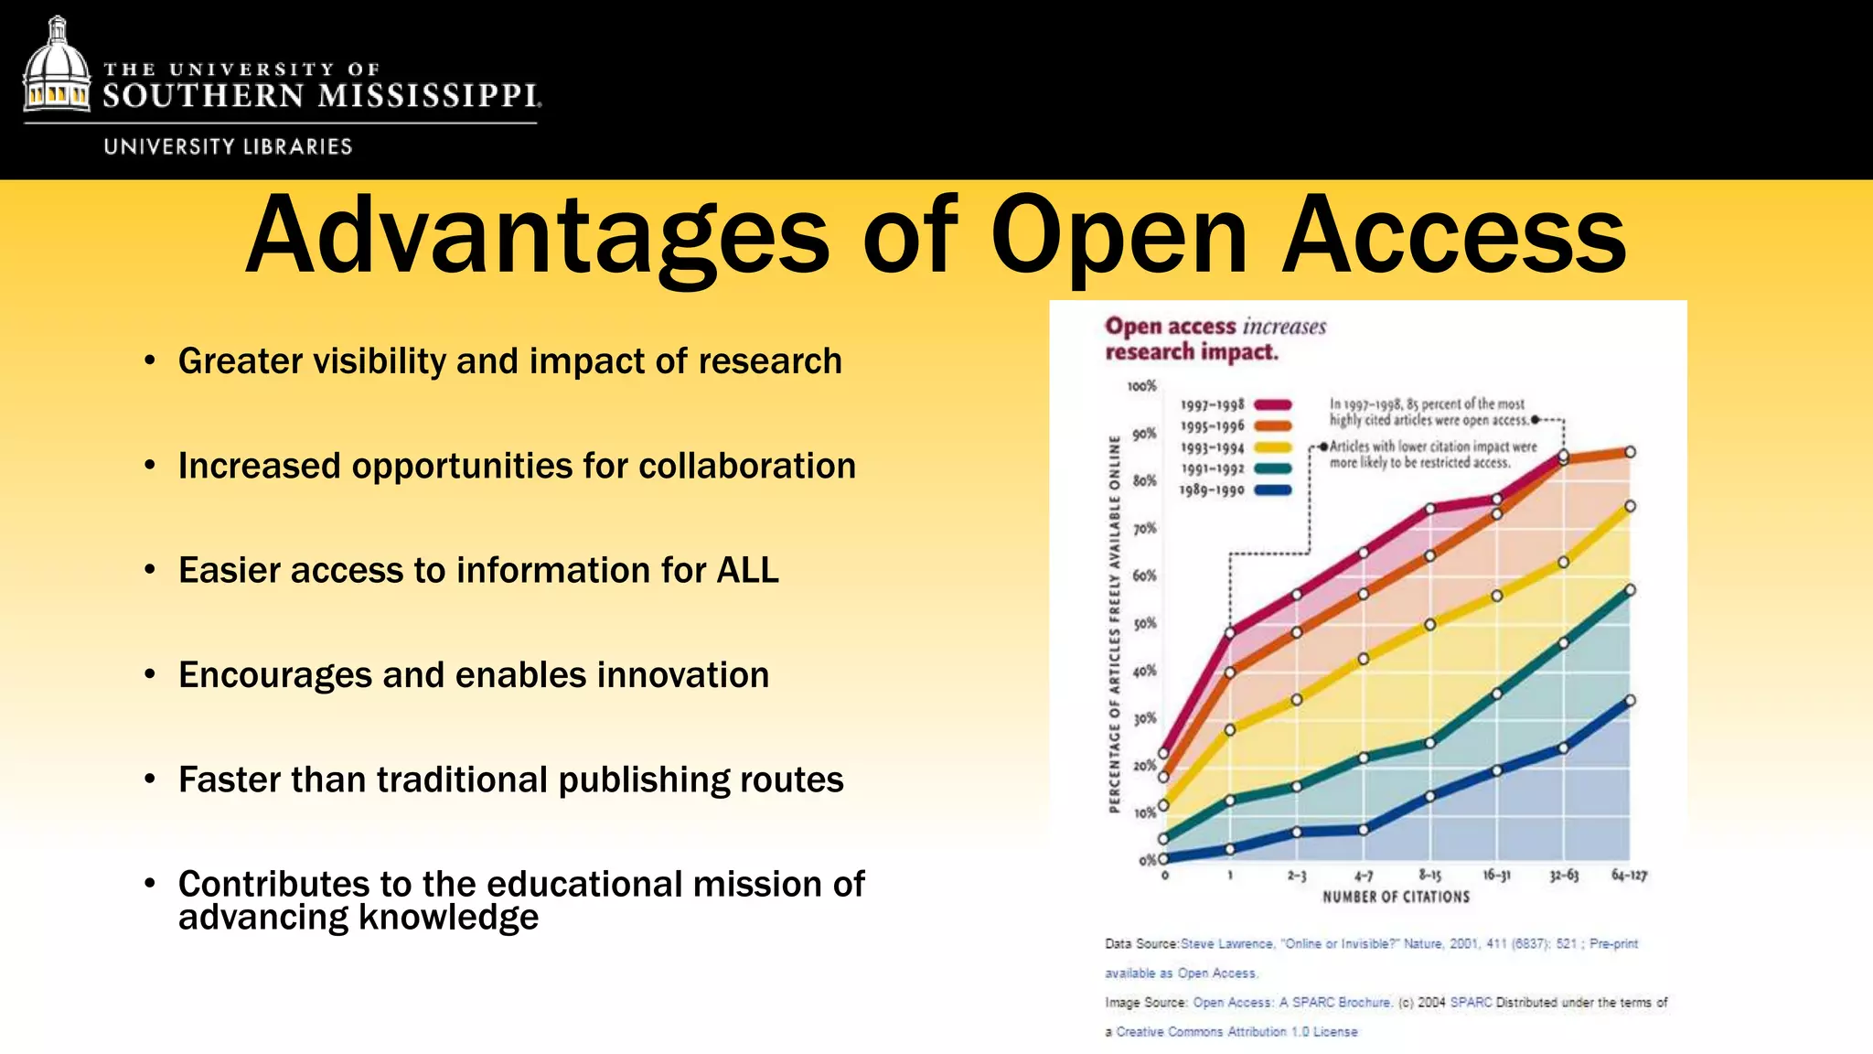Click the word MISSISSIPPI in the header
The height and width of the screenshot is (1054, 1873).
(429, 96)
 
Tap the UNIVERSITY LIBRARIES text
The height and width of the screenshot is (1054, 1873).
(228, 146)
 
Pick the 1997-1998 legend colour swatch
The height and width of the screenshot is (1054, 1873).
(1272, 404)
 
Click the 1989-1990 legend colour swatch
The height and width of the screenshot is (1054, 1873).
(1272, 490)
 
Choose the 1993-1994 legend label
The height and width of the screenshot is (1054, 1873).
(1212, 448)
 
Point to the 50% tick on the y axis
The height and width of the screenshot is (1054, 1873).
(1144, 624)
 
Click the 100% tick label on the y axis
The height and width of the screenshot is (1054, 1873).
(1141, 386)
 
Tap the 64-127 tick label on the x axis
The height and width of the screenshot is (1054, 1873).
(1629, 876)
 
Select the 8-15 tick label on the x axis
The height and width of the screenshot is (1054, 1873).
(1429, 876)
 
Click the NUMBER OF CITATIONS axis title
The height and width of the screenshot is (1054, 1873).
(1396, 897)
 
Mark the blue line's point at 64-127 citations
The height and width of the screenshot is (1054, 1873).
(1630, 701)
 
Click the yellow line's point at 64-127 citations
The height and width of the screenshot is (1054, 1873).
(1630, 506)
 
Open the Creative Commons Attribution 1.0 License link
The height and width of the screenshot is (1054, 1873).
(1236, 1032)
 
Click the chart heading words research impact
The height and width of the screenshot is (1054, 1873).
(1191, 352)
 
